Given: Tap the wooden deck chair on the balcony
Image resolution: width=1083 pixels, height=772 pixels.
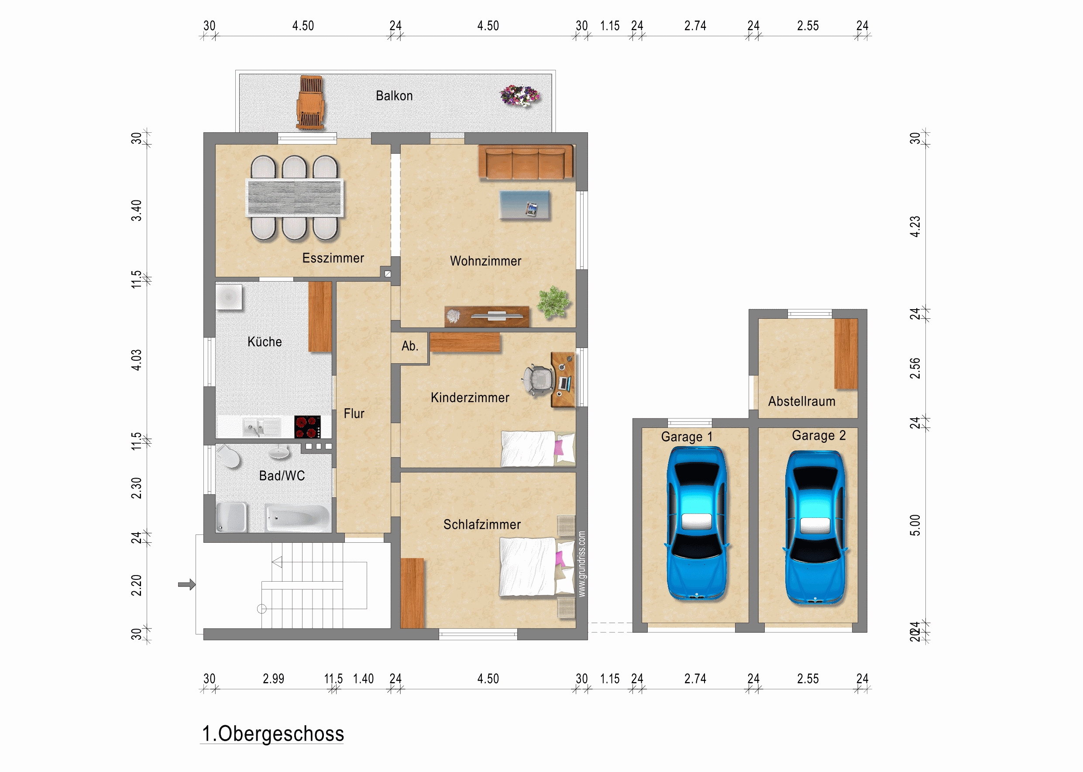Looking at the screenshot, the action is (x=311, y=102).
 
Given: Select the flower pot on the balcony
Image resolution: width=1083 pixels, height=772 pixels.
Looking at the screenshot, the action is (x=520, y=95).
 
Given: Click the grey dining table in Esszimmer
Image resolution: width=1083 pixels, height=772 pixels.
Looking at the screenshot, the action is (x=295, y=198).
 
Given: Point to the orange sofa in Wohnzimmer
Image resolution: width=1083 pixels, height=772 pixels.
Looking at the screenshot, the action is (x=526, y=162).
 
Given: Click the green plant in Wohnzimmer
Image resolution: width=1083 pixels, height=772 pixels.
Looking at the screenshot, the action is (x=553, y=302).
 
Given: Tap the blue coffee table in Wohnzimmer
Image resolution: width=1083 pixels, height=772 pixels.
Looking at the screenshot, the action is (x=524, y=205).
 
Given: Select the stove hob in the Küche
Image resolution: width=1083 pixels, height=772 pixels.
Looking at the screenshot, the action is (x=307, y=427).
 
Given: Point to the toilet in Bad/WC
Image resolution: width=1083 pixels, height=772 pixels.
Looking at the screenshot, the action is (x=230, y=456).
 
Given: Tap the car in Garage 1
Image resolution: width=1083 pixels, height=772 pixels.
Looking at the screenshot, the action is (x=697, y=524).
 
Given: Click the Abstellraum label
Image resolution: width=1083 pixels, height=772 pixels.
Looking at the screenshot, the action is (x=802, y=401).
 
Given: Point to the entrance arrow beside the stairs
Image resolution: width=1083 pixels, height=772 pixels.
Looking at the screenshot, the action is (x=187, y=584).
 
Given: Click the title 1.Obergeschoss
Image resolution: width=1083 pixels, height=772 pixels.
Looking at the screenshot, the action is (x=273, y=734).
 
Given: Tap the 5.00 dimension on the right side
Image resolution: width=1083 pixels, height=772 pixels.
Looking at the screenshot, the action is (x=915, y=525).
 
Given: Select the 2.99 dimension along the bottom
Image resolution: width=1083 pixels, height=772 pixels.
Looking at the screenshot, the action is (x=273, y=679).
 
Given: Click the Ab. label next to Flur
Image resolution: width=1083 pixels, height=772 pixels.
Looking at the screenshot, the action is (x=409, y=346).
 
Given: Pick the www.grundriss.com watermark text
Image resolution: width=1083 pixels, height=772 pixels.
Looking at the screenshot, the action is (x=582, y=564).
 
